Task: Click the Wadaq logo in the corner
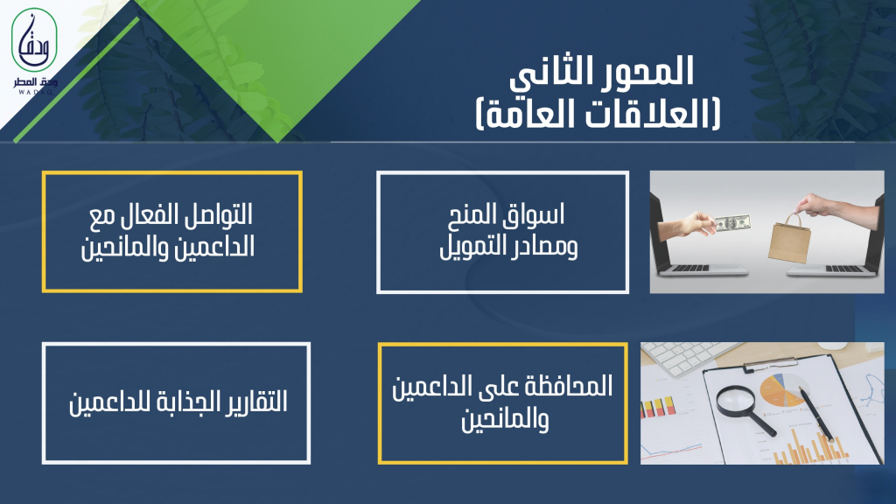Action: click(34, 50)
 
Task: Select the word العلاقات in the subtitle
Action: click(646, 114)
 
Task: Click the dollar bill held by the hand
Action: click(731, 222)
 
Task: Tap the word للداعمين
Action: click(107, 402)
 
